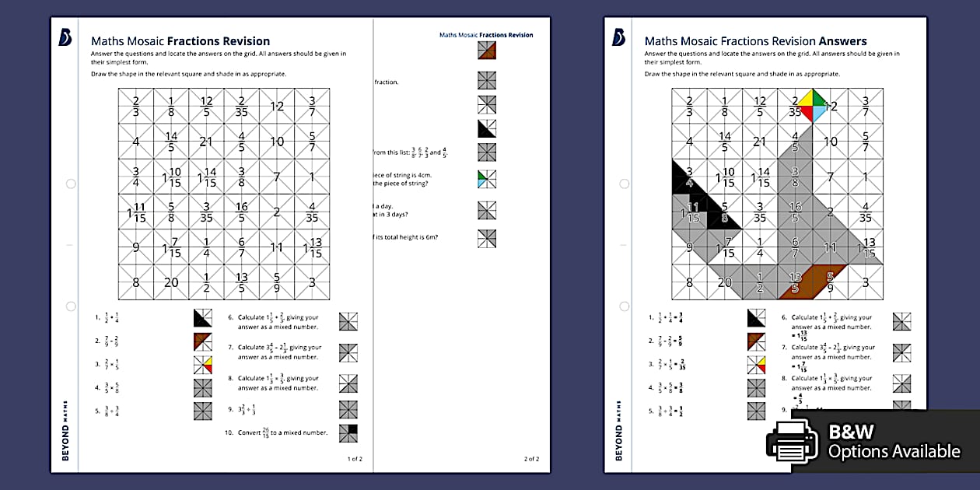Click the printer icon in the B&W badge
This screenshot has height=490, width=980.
point(792,442)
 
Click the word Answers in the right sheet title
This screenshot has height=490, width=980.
point(842,41)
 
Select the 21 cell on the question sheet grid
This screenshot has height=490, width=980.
point(206,142)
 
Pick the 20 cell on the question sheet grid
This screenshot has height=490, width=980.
point(171,282)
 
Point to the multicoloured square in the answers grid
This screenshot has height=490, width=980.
point(794,107)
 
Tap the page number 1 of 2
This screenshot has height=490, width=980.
point(355,459)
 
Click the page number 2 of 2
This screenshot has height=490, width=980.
point(531,459)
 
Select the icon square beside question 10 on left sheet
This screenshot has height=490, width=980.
point(348,433)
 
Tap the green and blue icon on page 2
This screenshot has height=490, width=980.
point(488,179)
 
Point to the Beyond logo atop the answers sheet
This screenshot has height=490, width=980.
point(618,37)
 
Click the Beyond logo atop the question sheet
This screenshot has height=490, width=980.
point(65,37)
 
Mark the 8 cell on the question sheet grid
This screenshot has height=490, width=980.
point(136,282)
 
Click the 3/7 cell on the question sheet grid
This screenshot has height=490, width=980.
point(312,107)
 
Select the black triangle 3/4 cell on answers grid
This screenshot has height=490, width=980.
point(689,177)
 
